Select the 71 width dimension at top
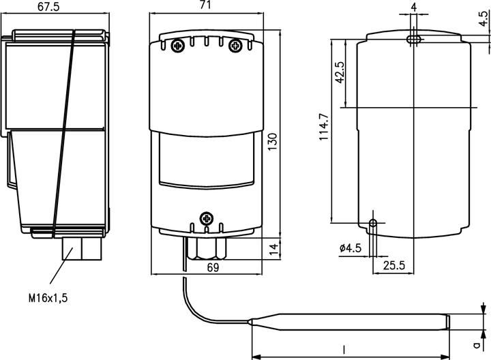205,5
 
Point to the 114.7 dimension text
324,127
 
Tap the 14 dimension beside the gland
273,247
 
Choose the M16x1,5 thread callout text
48,298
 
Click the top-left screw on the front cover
178,46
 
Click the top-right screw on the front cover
235,46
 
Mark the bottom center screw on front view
207,218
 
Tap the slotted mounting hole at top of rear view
413,40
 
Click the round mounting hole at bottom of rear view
372,223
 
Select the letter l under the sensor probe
344,349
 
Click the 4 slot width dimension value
414,7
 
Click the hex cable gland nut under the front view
207,248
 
